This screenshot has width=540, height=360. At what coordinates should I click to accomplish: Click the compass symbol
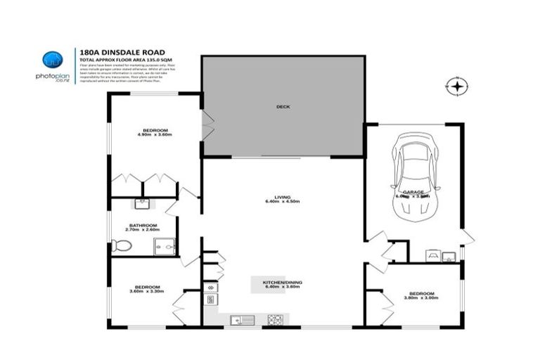457,86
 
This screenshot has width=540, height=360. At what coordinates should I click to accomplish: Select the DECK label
283,107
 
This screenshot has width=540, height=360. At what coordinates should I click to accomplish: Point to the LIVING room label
283,198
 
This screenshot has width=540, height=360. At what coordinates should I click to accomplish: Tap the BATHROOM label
137,225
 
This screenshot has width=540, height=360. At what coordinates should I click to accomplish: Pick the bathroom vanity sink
142,204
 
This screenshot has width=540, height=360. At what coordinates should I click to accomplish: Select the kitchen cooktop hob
275,321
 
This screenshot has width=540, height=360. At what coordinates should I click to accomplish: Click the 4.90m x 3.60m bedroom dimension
155,136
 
